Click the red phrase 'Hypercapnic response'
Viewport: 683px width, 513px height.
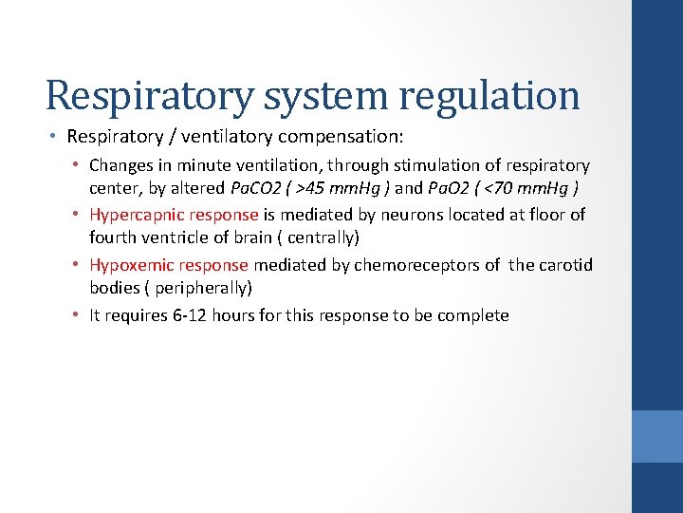(174, 215)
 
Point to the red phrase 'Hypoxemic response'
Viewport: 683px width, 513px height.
(169, 265)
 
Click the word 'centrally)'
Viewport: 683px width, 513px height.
(322, 236)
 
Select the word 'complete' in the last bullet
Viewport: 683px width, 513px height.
(474, 315)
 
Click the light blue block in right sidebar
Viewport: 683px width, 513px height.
(658, 436)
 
